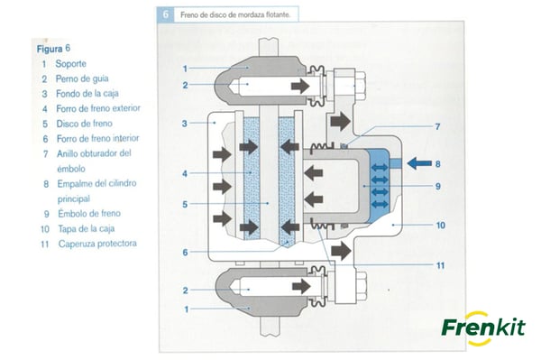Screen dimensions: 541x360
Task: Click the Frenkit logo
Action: tap(483, 328)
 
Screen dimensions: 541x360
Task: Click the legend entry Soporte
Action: tap(70, 64)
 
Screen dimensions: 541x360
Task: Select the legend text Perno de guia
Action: tap(82, 78)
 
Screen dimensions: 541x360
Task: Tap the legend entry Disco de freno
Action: tap(84, 124)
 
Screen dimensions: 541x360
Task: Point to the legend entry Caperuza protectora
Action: tap(97, 244)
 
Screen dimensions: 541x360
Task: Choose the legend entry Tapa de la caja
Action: tap(87, 228)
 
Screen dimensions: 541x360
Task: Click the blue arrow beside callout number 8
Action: tap(419, 163)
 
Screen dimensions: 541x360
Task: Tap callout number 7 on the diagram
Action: tap(437, 126)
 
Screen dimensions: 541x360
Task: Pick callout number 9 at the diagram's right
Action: tap(438, 187)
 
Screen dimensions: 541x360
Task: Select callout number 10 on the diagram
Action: tap(441, 226)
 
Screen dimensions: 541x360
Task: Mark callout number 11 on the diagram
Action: tap(440, 265)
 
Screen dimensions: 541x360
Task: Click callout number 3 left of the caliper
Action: tap(185, 124)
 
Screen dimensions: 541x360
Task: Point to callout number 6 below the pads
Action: tap(185, 253)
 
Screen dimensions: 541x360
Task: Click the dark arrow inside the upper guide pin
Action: tap(300, 85)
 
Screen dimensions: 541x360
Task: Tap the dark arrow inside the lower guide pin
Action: tap(301, 287)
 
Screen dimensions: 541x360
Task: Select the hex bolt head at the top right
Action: tap(360, 85)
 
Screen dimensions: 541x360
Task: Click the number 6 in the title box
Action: tap(166, 14)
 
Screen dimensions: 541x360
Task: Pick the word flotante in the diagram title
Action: tap(279, 14)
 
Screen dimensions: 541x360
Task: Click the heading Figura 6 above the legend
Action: tap(53, 49)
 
